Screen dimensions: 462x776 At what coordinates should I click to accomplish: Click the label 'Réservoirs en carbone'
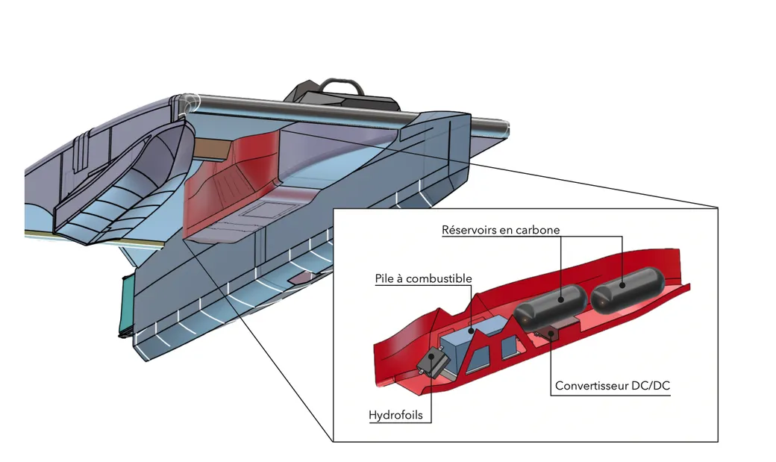(500, 230)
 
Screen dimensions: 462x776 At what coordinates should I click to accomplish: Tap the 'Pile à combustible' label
(423, 279)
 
